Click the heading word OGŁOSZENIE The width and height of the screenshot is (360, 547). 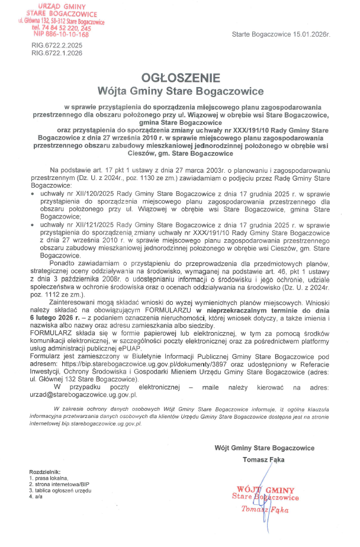pyautogui.click(x=180, y=78)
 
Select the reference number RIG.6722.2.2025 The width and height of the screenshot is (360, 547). pyautogui.click(x=57, y=46)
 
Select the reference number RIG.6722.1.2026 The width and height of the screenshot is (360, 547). pyautogui.click(x=57, y=53)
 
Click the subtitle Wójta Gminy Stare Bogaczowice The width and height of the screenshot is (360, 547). pyautogui.click(x=180, y=91)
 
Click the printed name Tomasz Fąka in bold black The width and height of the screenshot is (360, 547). pyautogui.click(x=263, y=459)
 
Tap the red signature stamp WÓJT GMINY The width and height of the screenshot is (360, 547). pyautogui.click(x=265, y=490)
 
